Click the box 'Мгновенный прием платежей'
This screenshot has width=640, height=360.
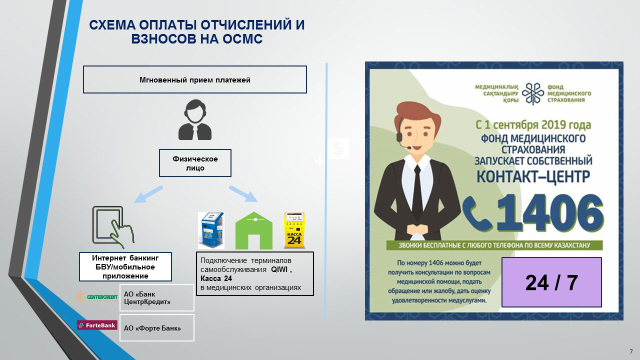click(x=194, y=79)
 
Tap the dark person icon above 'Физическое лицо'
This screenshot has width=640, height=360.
click(x=195, y=120)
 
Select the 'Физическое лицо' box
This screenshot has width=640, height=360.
click(x=195, y=163)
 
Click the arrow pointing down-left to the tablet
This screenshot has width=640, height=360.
click(x=148, y=194)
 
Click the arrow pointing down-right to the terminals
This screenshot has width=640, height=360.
click(x=243, y=194)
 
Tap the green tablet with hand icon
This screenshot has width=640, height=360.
click(x=114, y=227)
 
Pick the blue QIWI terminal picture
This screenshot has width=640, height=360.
click(x=211, y=230)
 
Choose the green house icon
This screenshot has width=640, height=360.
click(x=254, y=231)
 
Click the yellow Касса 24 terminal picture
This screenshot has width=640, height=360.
click(x=294, y=230)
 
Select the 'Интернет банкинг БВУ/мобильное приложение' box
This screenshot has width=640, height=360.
click(x=125, y=267)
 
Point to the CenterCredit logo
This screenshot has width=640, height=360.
click(x=96, y=297)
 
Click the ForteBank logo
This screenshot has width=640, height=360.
click(x=96, y=325)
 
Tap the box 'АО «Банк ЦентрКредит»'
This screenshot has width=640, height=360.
click(x=156, y=297)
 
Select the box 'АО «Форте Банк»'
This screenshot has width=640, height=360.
click(x=156, y=327)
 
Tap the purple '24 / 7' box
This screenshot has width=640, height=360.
click(x=551, y=282)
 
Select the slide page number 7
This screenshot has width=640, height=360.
click(x=631, y=351)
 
